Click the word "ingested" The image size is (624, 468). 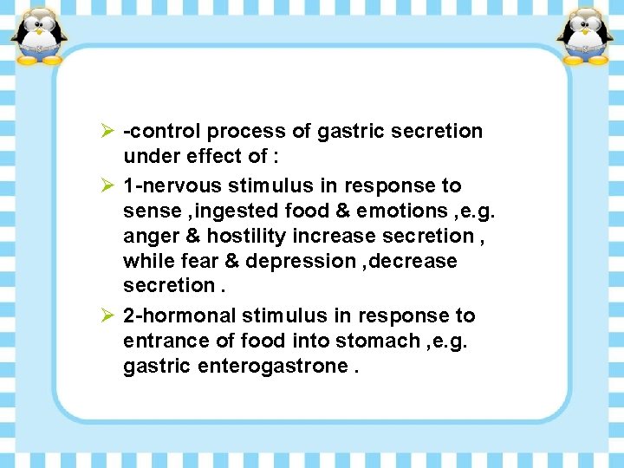231,211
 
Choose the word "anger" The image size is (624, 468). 151,236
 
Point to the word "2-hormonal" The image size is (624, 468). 179,315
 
